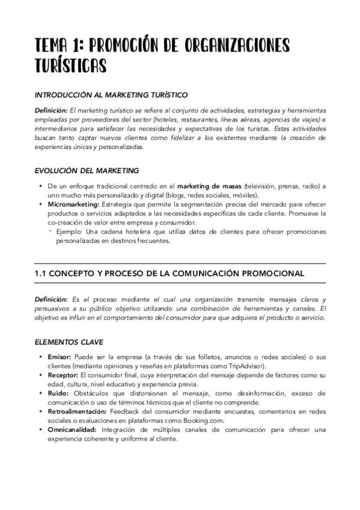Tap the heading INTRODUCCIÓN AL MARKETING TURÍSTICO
[x=111, y=95]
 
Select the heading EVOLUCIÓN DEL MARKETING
[x=87, y=171]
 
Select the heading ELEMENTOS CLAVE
[x=69, y=342]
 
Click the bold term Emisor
[x=59, y=357]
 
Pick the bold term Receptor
[x=63, y=375]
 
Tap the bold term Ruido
[x=58, y=393]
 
